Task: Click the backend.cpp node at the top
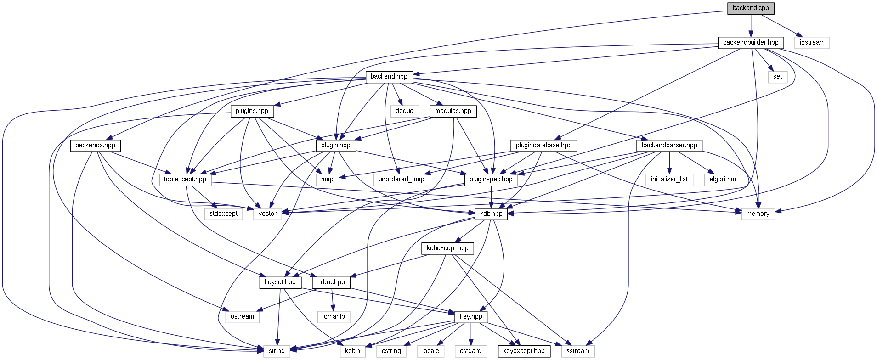751,8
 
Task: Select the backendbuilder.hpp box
751,43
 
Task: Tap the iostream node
812,43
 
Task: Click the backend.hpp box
389,77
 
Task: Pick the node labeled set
777,77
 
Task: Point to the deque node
404,111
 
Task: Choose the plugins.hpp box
252,111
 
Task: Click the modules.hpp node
453,111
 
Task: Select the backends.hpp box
95,146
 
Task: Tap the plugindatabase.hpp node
543,146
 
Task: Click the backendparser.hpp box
669,146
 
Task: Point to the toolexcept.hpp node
185,180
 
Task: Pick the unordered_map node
402,180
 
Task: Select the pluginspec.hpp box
491,180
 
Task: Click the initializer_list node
669,180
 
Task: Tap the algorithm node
722,180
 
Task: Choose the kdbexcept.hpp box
447,248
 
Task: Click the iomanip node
334,317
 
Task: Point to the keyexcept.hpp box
524,351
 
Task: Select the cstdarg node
470,351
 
